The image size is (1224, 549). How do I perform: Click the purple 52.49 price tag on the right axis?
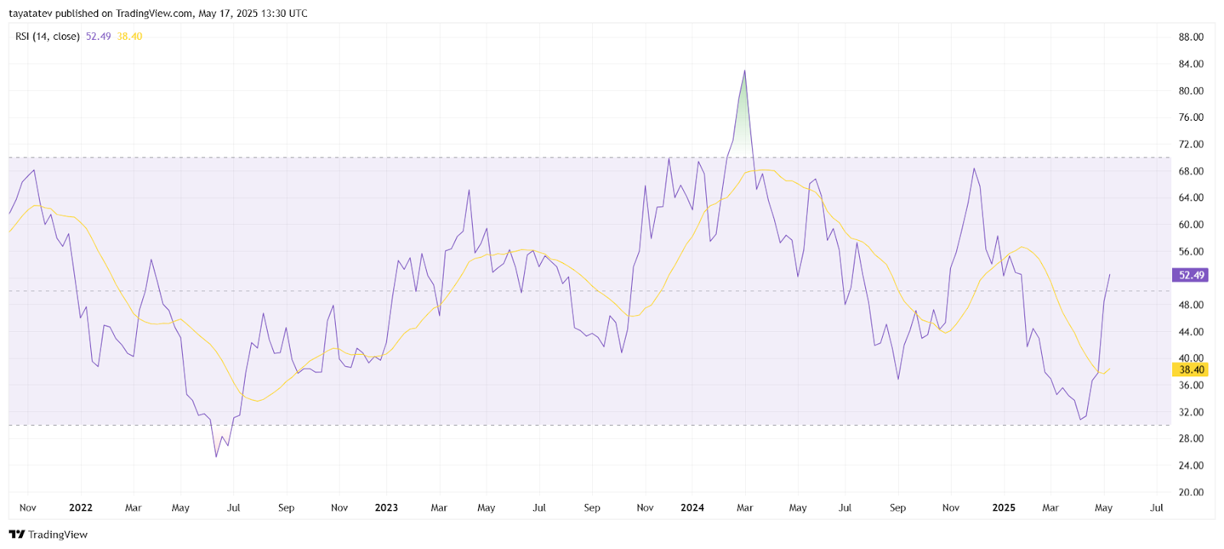(x=1190, y=275)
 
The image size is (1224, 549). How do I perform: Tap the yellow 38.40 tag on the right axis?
(x=1190, y=370)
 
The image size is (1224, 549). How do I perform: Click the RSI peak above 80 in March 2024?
(x=744, y=71)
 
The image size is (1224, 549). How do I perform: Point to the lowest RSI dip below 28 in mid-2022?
(x=216, y=456)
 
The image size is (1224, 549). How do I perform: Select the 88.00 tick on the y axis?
(x=1190, y=37)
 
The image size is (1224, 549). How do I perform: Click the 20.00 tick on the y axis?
(x=1190, y=492)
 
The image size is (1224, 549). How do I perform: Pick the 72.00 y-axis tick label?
(x=1190, y=144)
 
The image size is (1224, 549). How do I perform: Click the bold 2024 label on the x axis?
(x=692, y=508)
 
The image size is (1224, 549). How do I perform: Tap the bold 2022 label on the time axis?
(x=80, y=508)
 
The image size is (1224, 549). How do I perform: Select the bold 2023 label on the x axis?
(x=386, y=508)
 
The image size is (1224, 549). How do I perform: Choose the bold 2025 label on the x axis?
(x=1004, y=508)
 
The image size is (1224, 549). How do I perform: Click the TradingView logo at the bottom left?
(x=48, y=534)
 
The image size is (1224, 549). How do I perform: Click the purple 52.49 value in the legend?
(x=98, y=37)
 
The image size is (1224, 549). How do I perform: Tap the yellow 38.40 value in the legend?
(x=129, y=37)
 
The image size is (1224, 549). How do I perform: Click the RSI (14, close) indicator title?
(x=47, y=37)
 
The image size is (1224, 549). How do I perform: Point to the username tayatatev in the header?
(x=31, y=13)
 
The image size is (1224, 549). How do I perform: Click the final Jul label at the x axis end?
(x=1157, y=508)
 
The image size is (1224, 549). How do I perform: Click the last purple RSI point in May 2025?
(x=1109, y=274)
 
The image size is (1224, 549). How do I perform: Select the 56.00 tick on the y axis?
(x=1190, y=252)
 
